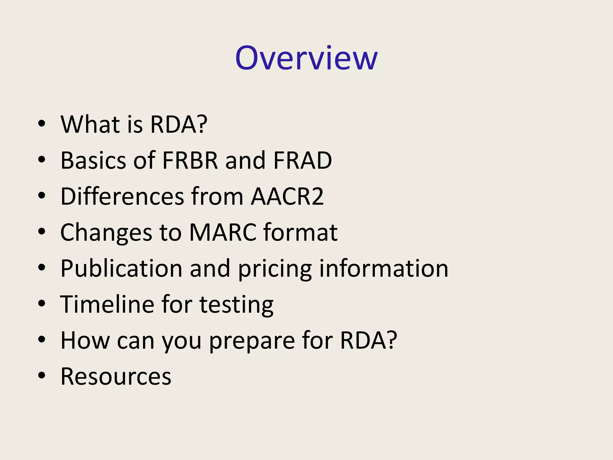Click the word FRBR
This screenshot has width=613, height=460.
click(190, 160)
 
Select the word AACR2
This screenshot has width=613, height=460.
click(287, 196)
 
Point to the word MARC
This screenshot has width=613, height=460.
click(223, 232)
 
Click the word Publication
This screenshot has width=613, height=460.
click(121, 268)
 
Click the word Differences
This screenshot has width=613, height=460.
click(122, 196)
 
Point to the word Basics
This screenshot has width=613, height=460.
click(93, 160)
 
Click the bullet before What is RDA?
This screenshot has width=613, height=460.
click(42, 124)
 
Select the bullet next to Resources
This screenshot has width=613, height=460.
click(42, 376)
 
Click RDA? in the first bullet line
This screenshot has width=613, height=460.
click(178, 124)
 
